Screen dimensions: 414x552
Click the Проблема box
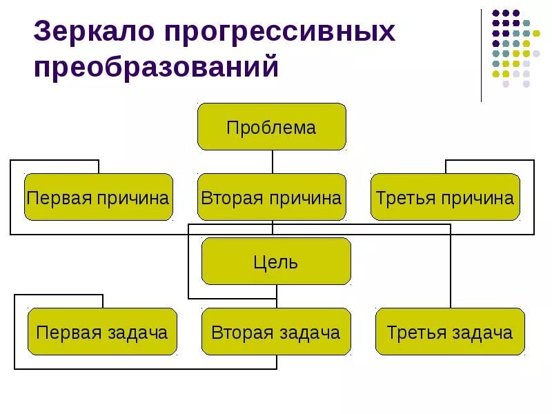(271, 127)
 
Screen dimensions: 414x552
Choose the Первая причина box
(98, 198)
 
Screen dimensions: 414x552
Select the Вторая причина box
(271, 198)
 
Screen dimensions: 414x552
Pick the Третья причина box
(445, 198)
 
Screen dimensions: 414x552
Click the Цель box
(276, 262)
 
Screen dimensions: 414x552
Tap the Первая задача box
(102, 332)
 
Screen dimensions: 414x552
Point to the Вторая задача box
(276, 332)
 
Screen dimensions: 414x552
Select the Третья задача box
(450, 332)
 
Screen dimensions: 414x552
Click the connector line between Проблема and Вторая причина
(273, 161)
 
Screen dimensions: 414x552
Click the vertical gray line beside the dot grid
(482, 55)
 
